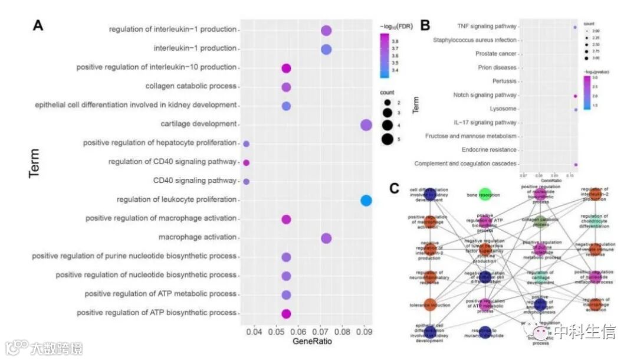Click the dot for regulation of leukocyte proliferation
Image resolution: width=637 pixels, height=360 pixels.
coord(366,201)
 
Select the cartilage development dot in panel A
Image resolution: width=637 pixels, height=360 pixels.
coord(366,125)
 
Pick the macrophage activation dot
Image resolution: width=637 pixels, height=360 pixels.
coord(326,238)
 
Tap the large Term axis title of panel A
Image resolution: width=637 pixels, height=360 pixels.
coord(35,163)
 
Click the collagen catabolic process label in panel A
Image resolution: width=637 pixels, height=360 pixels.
coord(191,87)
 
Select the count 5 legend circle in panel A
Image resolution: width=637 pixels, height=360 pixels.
coord(388,139)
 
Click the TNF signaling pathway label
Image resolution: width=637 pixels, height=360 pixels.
coord(487,27)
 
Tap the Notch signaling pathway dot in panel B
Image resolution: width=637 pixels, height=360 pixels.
coord(575,96)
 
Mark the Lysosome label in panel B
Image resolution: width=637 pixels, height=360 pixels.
coord(503,109)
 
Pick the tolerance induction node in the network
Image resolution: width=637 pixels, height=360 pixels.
coord(430,305)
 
